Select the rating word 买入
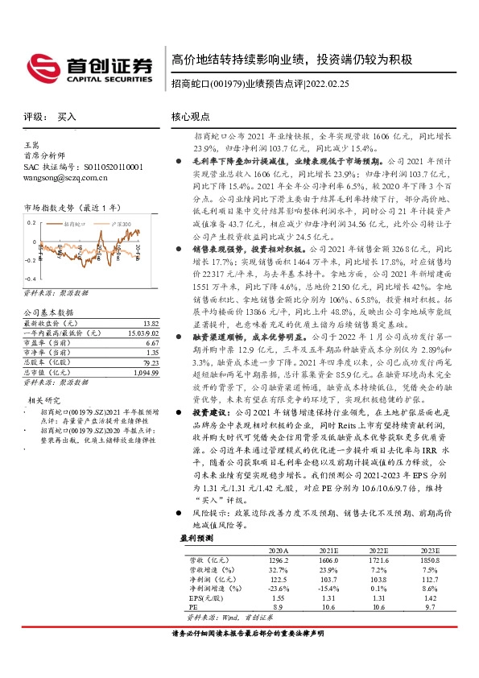[67, 117]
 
